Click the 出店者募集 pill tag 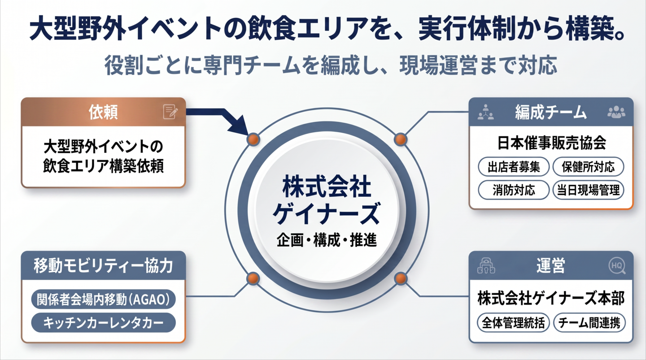[x=513, y=167]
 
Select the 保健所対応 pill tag [x=588, y=167]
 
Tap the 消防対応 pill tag [x=513, y=190]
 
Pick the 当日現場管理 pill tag [x=588, y=190]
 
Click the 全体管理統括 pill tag [x=513, y=323]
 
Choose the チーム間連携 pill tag [x=589, y=323]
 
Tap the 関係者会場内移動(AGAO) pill [x=103, y=299]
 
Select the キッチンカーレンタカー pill [x=103, y=322]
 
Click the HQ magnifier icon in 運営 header [x=617, y=266]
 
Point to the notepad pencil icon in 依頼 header [x=170, y=112]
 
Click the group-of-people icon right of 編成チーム [x=616, y=112]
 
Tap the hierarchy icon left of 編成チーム [x=485, y=112]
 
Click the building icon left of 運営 [x=486, y=266]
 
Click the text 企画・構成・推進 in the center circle [x=327, y=241]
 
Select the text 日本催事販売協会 [x=551, y=143]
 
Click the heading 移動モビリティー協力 [x=103, y=265]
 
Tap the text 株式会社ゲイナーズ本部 [x=551, y=299]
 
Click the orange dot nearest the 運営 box [x=400, y=279]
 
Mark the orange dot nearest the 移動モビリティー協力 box [x=253, y=279]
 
